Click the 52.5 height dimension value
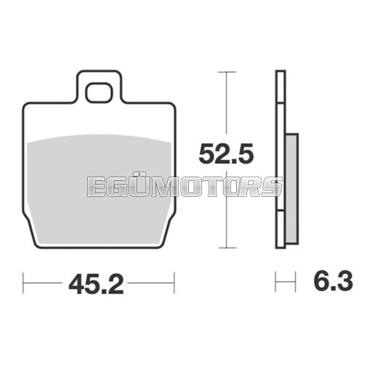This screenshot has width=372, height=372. tap(226, 153)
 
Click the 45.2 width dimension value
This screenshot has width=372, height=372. tap(96, 284)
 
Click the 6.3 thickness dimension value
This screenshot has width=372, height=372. tap(333, 281)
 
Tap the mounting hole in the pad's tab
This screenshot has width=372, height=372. tap(99, 92)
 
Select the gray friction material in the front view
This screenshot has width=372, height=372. tap(99, 189)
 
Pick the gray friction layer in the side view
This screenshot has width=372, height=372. tap(291, 189)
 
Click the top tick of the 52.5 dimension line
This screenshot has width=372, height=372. tap(227, 72)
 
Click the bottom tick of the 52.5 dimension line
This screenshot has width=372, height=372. tap(227, 248)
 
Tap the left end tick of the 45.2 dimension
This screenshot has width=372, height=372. tap(23, 283)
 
